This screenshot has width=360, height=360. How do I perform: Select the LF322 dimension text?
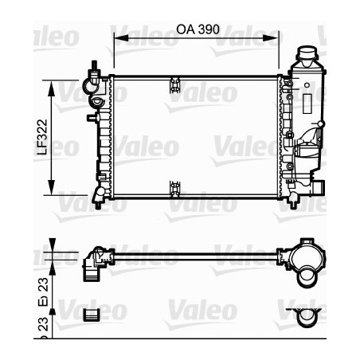[x=45, y=136]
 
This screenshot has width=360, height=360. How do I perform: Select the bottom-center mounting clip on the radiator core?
[x=174, y=189]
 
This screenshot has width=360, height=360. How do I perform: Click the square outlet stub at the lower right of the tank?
[x=318, y=189]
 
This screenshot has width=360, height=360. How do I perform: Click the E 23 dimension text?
[x=45, y=284]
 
